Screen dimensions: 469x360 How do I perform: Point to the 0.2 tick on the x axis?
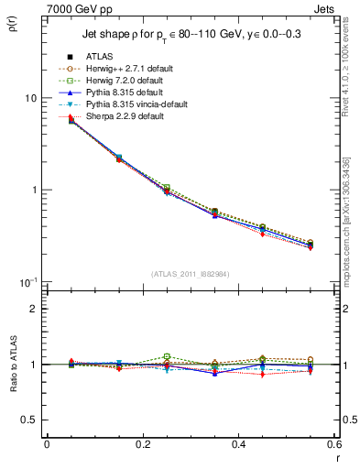click(x=142, y=445)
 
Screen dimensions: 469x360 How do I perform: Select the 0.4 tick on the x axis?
click(x=238, y=445)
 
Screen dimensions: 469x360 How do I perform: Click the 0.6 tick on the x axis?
click(x=333, y=445)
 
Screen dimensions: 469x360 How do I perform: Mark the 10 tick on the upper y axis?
click(x=29, y=98)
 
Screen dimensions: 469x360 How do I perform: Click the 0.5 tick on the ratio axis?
click(x=29, y=420)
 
